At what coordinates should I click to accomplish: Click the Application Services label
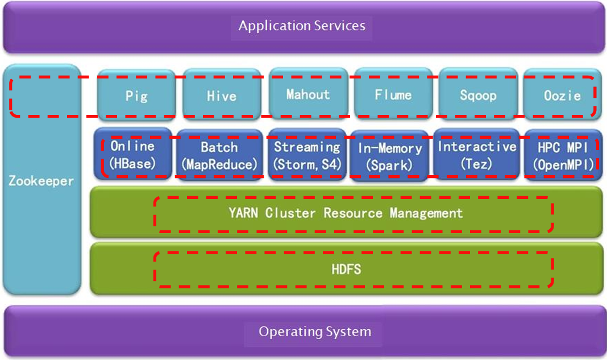point(302,26)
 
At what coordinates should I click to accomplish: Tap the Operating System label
point(314,332)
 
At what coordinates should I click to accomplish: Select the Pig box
point(136,95)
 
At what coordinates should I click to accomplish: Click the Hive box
point(221,95)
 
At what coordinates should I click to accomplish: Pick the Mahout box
point(307,94)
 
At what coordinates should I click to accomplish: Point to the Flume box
point(393,94)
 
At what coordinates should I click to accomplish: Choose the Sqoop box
point(478,95)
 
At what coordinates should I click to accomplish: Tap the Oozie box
point(562,95)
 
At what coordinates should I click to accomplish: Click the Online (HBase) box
point(132,155)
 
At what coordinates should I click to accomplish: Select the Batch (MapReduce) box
point(219,155)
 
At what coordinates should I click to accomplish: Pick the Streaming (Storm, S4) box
point(307,155)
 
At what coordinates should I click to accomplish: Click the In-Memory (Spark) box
point(390,156)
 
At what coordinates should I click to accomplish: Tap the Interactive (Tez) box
point(476,155)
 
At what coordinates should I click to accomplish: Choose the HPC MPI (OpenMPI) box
point(562,155)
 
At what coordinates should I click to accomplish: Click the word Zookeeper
point(41,181)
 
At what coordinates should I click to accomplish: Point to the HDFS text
point(346,269)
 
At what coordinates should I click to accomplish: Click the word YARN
point(244,213)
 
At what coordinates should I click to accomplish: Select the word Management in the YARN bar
point(426,213)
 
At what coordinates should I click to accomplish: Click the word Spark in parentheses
point(390,165)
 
